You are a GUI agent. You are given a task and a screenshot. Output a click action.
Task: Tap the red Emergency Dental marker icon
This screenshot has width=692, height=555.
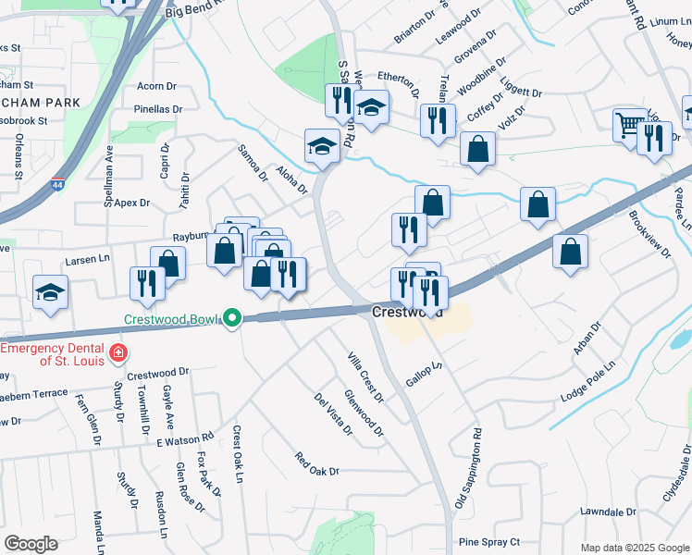pos(117,352)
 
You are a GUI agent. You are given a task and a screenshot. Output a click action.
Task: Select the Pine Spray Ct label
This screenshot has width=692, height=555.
pos(489,542)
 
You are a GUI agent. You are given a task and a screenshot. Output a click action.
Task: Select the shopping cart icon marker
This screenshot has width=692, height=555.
pos(629,125)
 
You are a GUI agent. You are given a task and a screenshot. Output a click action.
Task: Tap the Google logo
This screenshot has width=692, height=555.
pos(31,544)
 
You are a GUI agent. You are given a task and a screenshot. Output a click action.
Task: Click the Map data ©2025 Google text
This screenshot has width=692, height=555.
pos(635,548)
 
